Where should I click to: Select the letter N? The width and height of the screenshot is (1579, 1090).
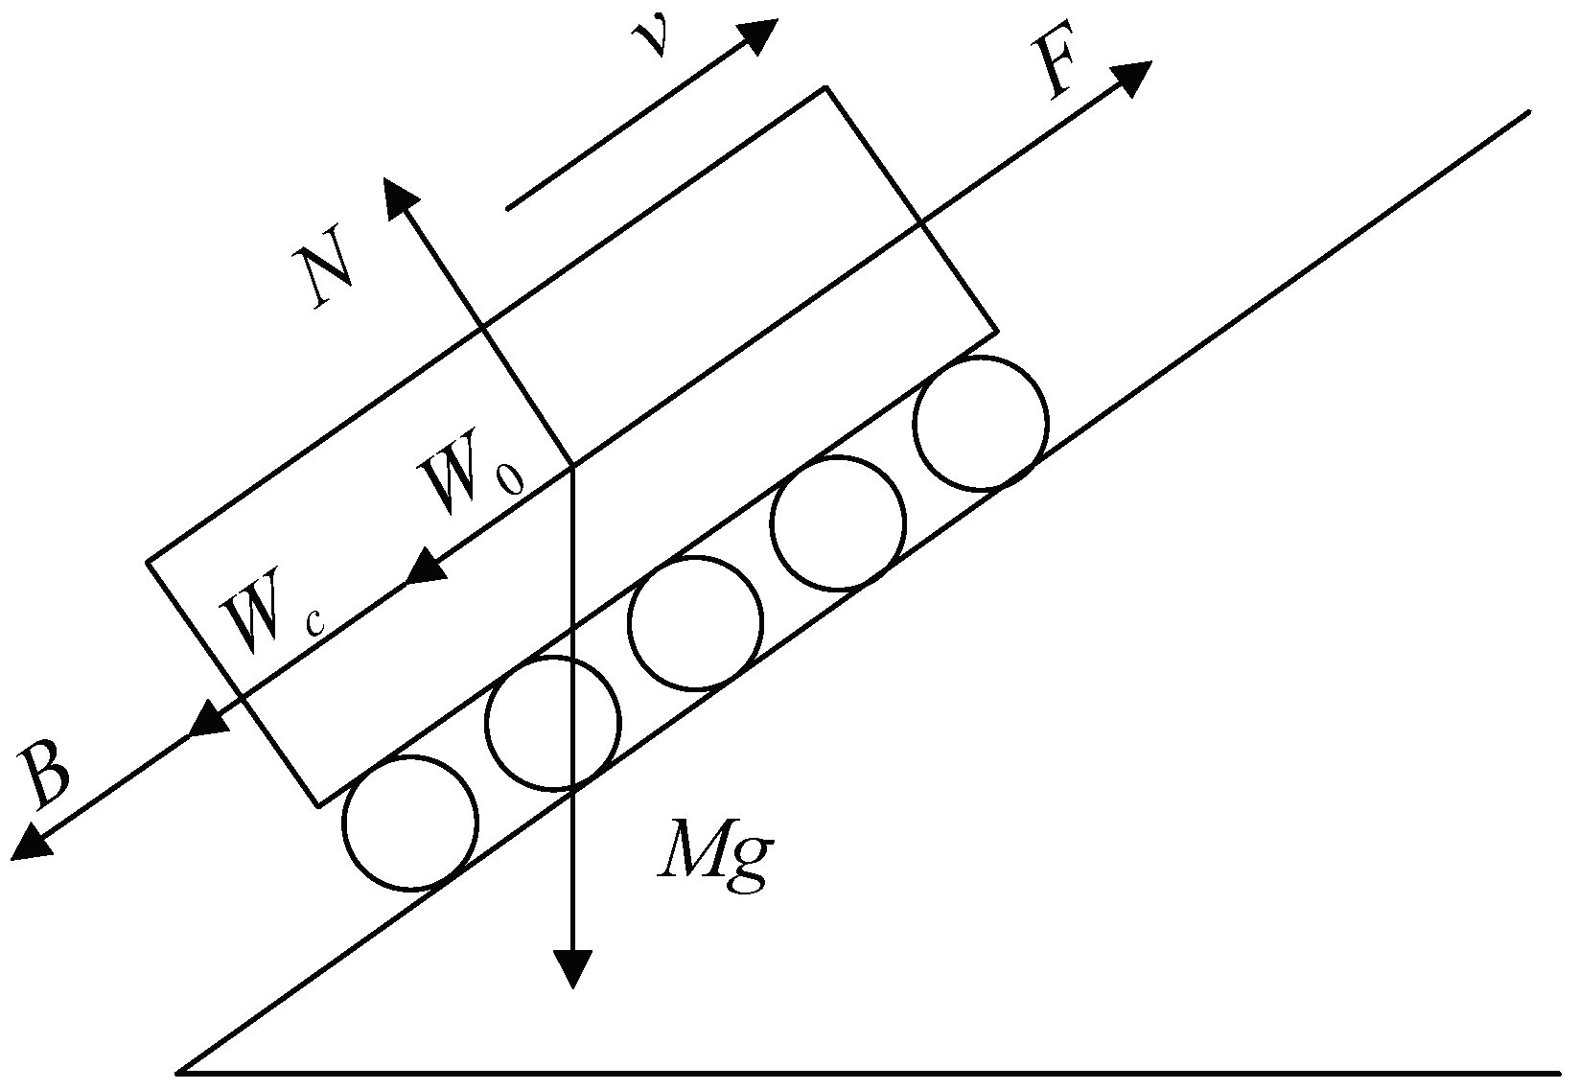click(324, 277)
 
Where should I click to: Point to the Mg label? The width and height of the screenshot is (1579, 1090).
click(714, 857)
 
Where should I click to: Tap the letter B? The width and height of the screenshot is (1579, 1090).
click(46, 775)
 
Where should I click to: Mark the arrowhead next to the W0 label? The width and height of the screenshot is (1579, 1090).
click(425, 568)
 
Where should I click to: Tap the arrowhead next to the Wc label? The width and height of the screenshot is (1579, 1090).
click(208, 720)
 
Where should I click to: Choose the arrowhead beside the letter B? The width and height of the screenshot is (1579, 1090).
click(31, 842)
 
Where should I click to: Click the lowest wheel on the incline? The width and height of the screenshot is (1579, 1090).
click(410, 823)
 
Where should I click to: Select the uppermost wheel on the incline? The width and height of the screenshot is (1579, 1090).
click(981, 423)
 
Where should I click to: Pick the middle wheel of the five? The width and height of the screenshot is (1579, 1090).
click(695, 623)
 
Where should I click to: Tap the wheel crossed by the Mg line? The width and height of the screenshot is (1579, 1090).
click(552, 723)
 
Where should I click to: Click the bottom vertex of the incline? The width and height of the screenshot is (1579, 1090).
click(180, 1071)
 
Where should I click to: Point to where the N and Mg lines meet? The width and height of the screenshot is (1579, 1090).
click(572, 465)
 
